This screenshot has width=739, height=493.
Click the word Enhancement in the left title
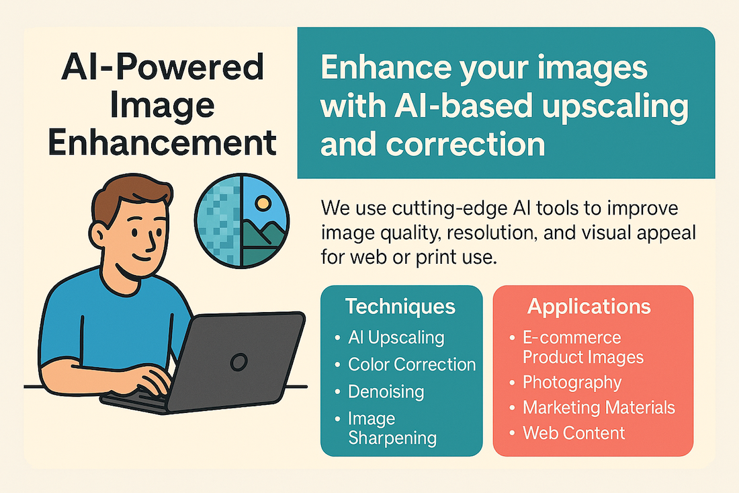pyautogui.click(x=162, y=143)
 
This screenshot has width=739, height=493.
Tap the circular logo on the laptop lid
pyautogui.click(x=238, y=363)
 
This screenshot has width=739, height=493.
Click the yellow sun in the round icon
pyautogui.click(x=263, y=203)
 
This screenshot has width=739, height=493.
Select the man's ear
pyautogui.click(x=99, y=235)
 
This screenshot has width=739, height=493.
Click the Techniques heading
pyautogui.click(x=400, y=307)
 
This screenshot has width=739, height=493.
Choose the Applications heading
pyautogui.click(x=589, y=307)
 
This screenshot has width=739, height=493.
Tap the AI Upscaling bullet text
pyautogui.click(x=396, y=338)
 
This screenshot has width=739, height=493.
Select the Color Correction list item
pyautogui.click(x=412, y=365)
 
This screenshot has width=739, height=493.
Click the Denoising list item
pyautogui.click(x=386, y=391)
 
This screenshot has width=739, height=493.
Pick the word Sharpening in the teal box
pyautogui.click(x=392, y=439)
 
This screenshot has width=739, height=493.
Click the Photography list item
pyautogui.click(x=572, y=383)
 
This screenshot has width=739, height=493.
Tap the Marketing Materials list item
pyautogui.click(x=599, y=408)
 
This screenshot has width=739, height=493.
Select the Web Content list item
pyautogui.click(x=574, y=433)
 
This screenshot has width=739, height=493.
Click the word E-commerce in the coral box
pyautogui.click(x=572, y=338)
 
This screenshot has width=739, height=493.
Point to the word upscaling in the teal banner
pyautogui.click(x=615, y=108)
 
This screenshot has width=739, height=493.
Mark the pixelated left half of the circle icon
pyautogui.click(x=219, y=221)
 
